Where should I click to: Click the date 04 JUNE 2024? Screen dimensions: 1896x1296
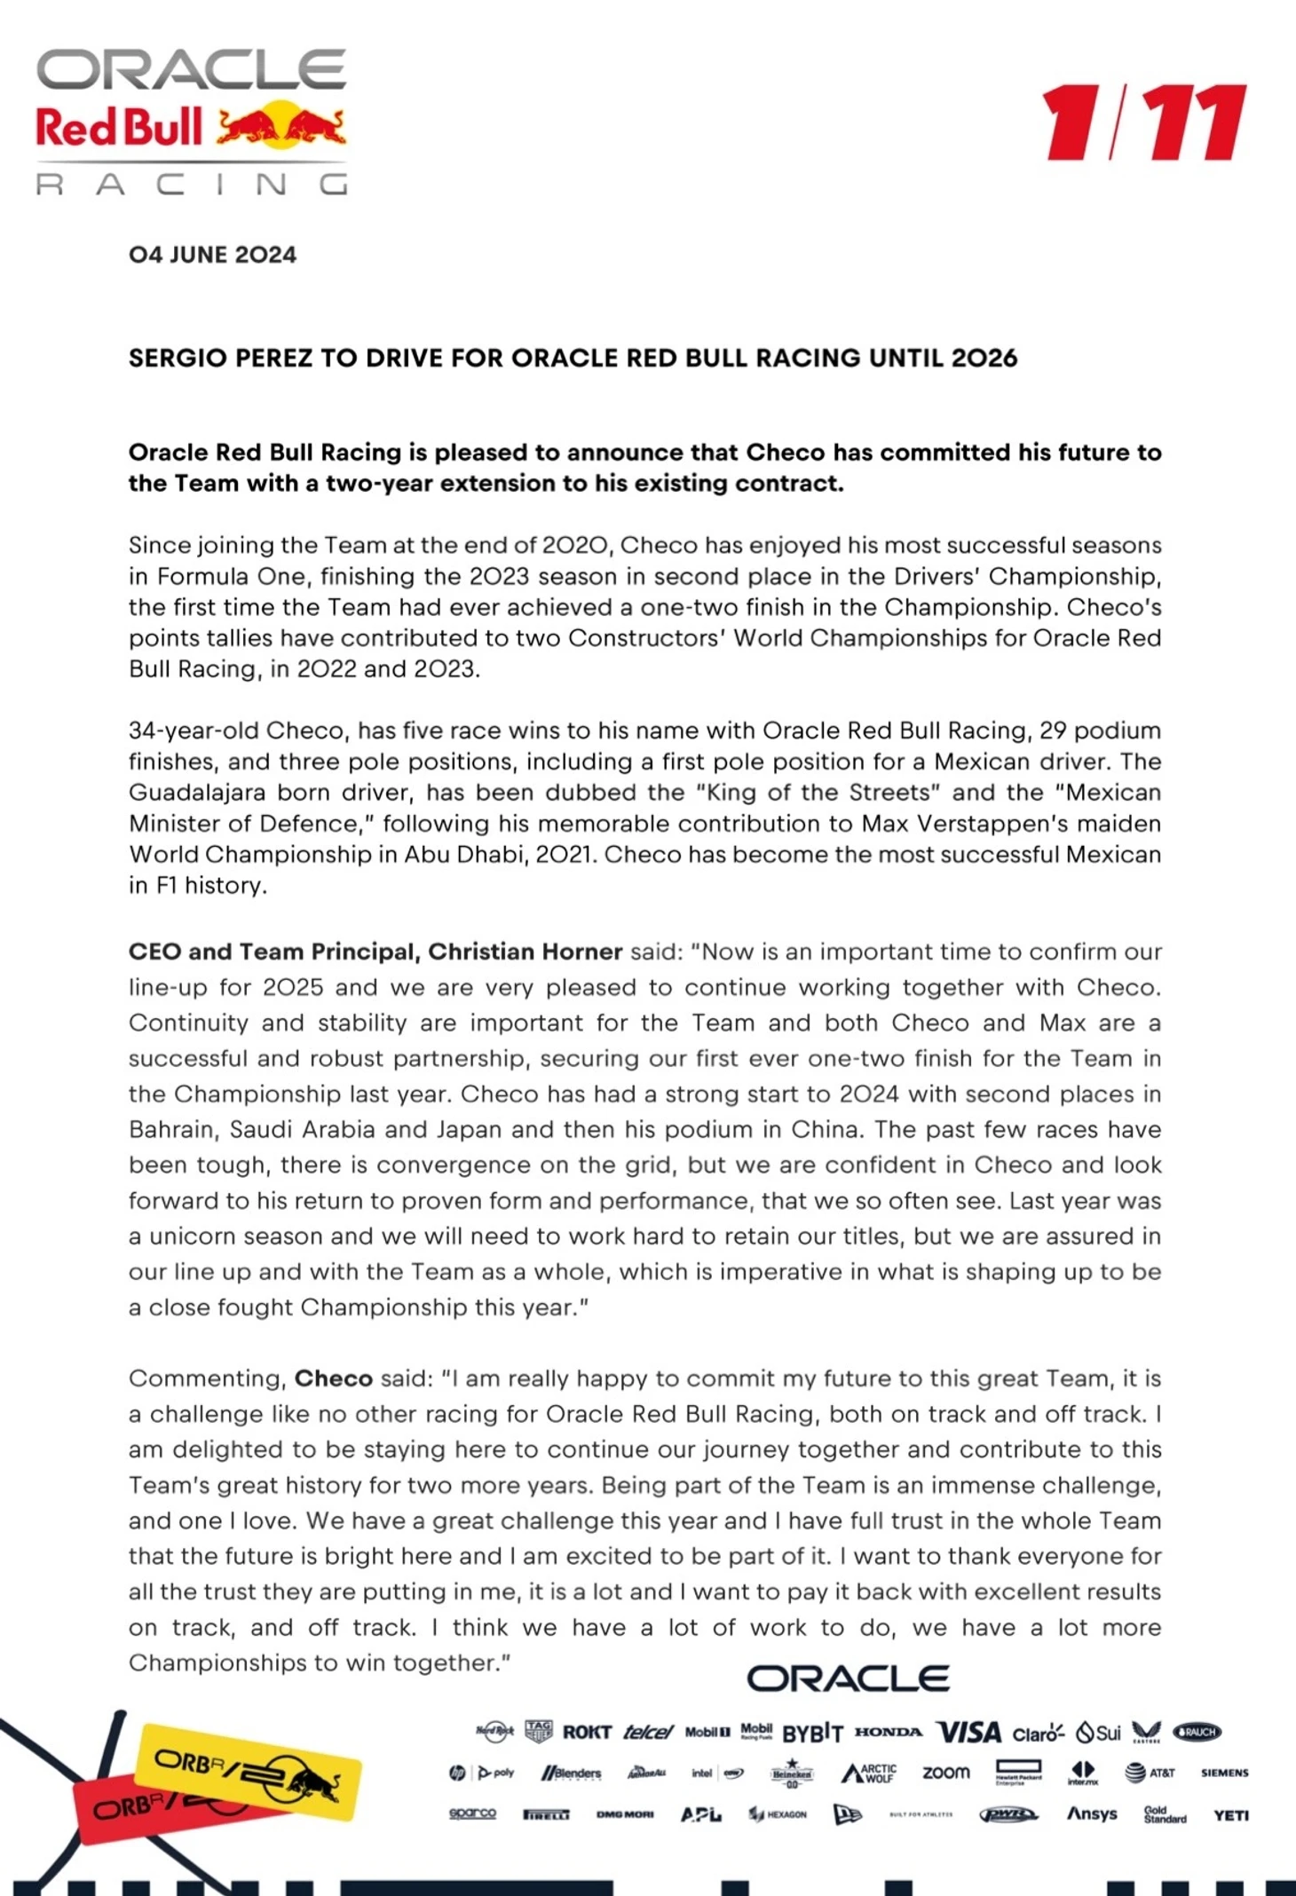coord(212,255)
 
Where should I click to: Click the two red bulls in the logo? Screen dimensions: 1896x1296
coord(281,128)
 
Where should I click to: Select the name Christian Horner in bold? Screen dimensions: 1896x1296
coord(526,952)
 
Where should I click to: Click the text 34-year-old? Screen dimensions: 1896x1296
coord(194,731)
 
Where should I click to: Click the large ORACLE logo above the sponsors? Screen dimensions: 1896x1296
coord(848,1678)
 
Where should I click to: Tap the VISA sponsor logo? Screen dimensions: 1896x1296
coord(969,1732)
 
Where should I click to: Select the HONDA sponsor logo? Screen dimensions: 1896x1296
coord(889,1731)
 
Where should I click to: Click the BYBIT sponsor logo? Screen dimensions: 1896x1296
coord(812,1732)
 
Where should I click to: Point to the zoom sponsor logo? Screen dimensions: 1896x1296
coord(946,1773)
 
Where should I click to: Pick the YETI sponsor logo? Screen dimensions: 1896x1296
coord(1230,1815)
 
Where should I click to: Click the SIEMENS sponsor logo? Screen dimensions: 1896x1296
coord(1224,1773)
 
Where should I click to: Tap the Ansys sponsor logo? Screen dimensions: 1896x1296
coord(1092,1813)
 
